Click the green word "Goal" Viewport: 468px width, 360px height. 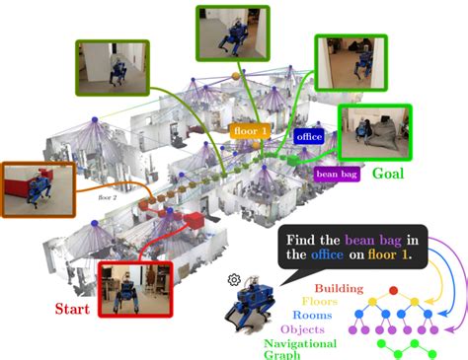coord(389,173)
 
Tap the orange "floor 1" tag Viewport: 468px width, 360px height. coord(249,128)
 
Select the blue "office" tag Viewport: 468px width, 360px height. coord(309,137)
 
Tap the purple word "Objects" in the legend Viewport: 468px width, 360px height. coord(304,329)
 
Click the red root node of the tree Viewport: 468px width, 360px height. coord(393,290)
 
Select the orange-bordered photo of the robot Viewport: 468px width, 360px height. coord(36,188)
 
